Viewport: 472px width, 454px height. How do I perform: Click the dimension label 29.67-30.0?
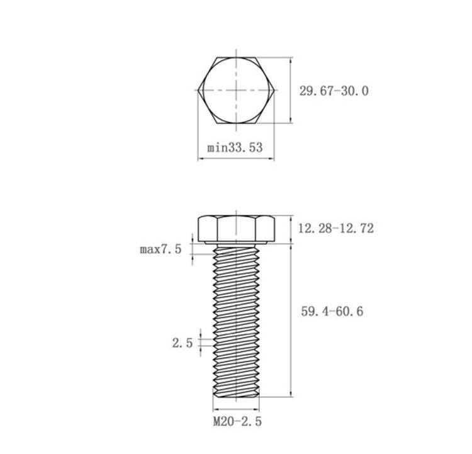point(334,91)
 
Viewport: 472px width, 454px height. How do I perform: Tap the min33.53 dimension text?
point(235,147)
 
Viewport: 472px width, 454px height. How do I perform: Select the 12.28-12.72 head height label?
point(335,229)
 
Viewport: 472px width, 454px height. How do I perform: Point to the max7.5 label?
point(160,249)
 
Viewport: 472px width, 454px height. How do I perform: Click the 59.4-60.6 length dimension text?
point(332,311)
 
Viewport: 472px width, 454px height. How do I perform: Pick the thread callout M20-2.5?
point(237,421)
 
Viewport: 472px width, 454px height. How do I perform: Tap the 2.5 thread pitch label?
point(182,343)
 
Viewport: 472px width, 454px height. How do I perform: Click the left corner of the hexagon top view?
point(198,90)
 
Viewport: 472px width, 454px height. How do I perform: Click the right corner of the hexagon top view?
point(274,90)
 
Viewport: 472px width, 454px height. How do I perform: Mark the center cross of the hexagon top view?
point(236,90)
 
